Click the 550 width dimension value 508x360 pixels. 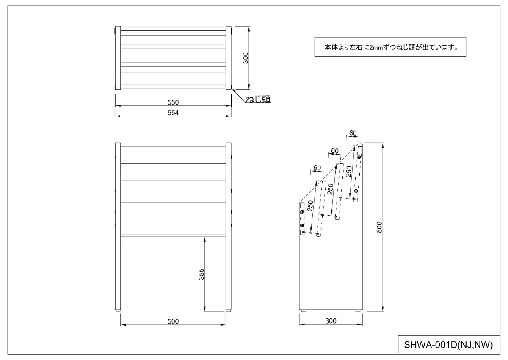tap(173, 102)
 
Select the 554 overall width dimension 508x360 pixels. tap(173, 113)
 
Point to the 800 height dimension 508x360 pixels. tap(379, 227)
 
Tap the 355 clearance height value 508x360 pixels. tap(202, 274)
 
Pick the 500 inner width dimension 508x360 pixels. tap(173, 321)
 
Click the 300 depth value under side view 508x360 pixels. tap(331, 321)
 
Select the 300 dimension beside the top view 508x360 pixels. tap(246, 58)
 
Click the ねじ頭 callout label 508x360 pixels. tap(258, 99)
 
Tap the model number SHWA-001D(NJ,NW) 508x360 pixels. tap(448, 345)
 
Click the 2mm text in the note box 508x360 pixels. tap(376, 47)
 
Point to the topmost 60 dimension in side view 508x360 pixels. tap(353, 133)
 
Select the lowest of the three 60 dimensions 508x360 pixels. tap(317, 168)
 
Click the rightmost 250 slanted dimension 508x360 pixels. tap(348, 172)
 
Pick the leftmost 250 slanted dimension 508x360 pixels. tap(310, 206)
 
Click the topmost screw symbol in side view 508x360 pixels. tap(359, 157)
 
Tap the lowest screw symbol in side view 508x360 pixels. tap(302, 225)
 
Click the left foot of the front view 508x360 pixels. tap(118, 311)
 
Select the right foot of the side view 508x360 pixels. tap(358, 310)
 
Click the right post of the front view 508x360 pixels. tap(229, 227)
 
